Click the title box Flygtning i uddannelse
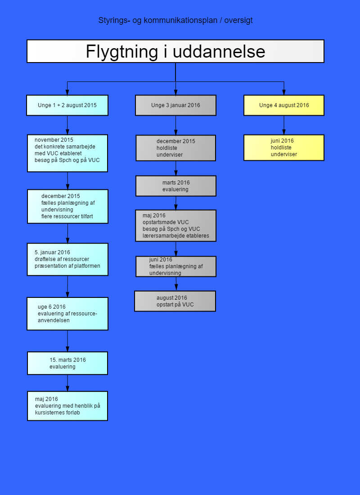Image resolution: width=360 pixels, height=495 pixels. (x=175, y=51)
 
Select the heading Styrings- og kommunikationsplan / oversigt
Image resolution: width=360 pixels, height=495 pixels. (x=175, y=21)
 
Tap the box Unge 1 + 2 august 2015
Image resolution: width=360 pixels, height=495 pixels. (x=67, y=105)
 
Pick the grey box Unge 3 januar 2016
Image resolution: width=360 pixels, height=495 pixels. (x=175, y=105)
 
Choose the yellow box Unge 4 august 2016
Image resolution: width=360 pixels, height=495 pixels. (x=284, y=105)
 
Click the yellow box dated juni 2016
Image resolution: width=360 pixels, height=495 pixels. (x=284, y=148)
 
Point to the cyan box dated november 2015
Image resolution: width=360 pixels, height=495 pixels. (x=67, y=153)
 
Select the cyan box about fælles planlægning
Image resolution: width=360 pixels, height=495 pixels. (x=67, y=207)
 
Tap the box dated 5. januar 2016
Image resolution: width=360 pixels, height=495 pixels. (x=67, y=259)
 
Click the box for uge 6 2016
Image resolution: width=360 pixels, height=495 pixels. (x=67, y=314)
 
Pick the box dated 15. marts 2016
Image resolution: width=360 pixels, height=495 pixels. (x=67, y=363)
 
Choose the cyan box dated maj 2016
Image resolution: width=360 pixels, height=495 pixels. (x=67, y=406)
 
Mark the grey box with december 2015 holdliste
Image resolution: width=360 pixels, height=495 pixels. (x=175, y=148)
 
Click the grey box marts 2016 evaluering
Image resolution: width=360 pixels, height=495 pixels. (x=176, y=186)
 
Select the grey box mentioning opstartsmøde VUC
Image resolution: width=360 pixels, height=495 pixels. (x=175, y=226)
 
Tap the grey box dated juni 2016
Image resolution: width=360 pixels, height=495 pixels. (x=176, y=266)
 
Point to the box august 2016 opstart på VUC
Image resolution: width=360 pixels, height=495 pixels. (x=175, y=301)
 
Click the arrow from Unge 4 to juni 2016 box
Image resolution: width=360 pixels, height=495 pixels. (x=284, y=125)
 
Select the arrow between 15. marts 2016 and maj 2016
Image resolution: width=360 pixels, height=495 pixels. (x=67, y=383)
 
